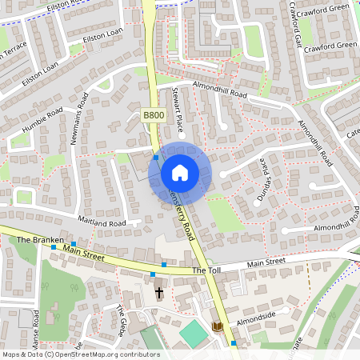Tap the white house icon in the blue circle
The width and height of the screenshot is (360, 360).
point(180,172)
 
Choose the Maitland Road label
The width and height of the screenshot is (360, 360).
point(102,221)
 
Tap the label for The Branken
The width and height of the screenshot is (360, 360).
point(34,239)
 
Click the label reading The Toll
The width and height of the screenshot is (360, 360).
point(205,271)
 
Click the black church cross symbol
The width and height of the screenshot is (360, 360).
point(158,293)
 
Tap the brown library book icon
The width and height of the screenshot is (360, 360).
point(218,326)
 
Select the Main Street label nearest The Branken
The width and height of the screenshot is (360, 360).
point(83,254)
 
